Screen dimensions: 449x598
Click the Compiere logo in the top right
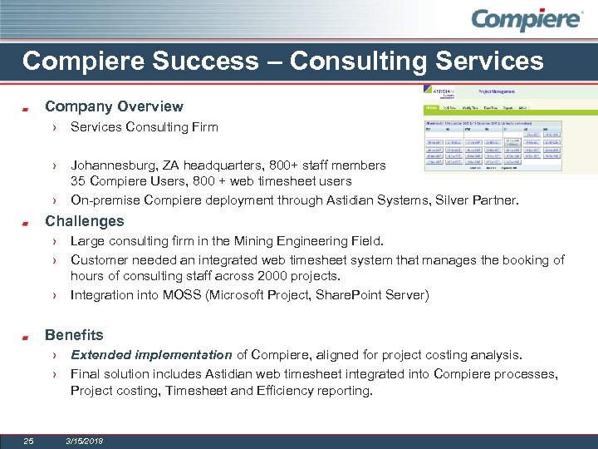pos(527,20)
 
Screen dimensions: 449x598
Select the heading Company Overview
pos(114,106)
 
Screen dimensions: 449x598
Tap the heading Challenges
pos(84,221)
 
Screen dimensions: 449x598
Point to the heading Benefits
pos(74,335)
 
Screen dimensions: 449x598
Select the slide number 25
pos(28,441)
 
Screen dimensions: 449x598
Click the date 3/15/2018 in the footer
pos(85,441)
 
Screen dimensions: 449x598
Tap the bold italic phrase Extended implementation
pos(151,355)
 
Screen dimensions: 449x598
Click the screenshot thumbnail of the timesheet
pos(493,127)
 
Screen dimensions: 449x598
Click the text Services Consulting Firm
pos(144,127)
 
